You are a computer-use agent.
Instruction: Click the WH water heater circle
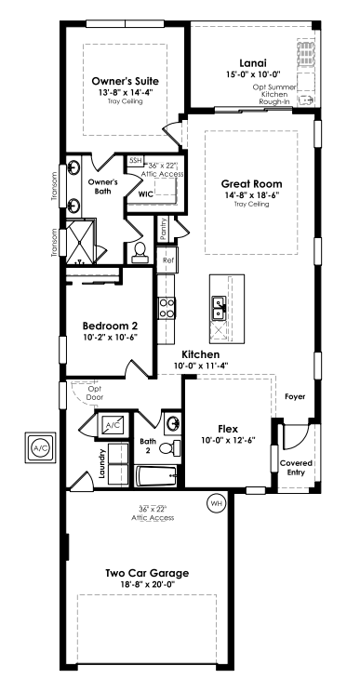[x=216, y=502]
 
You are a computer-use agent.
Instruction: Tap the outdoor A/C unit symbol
[x=40, y=447]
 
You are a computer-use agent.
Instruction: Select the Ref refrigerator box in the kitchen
[x=167, y=259]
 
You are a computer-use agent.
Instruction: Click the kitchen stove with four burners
[x=167, y=308]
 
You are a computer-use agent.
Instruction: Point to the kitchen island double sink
[x=220, y=307]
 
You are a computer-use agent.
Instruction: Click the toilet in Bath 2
[x=170, y=448]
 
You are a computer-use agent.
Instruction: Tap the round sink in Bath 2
[x=172, y=423]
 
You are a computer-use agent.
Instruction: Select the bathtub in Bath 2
[x=156, y=476]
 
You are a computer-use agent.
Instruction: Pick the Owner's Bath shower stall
[x=80, y=242]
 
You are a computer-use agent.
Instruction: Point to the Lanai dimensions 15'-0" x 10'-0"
[x=253, y=74]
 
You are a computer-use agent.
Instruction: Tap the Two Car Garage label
[x=147, y=573]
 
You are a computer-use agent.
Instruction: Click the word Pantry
[x=164, y=230]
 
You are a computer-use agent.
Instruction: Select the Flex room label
[x=228, y=429]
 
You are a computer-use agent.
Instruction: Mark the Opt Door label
[x=94, y=393]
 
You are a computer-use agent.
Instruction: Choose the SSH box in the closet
[x=135, y=161]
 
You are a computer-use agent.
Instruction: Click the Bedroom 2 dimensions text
[x=111, y=337]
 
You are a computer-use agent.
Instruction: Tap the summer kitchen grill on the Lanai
[x=306, y=53]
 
